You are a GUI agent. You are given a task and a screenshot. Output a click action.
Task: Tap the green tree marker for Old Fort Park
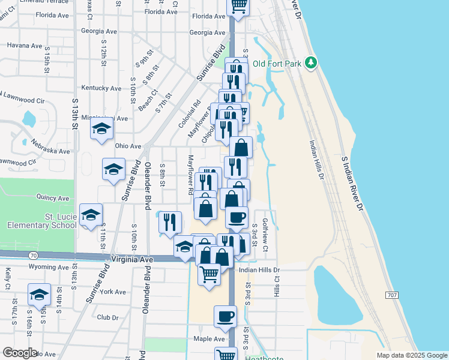tap(311, 62)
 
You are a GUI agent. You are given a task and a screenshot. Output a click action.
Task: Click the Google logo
tap(20, 352)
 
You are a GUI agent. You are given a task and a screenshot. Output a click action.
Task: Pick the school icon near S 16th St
tap(39, 294)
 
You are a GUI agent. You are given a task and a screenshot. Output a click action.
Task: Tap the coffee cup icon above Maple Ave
tap(226, 316)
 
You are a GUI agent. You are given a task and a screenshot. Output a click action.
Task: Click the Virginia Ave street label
tap(132, 259)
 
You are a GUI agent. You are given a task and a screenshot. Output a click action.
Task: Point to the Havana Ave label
tap(25, 45)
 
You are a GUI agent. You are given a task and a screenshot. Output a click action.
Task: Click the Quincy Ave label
tap(53, 197)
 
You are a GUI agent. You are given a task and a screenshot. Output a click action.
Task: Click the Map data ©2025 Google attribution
tap(412, 355)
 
